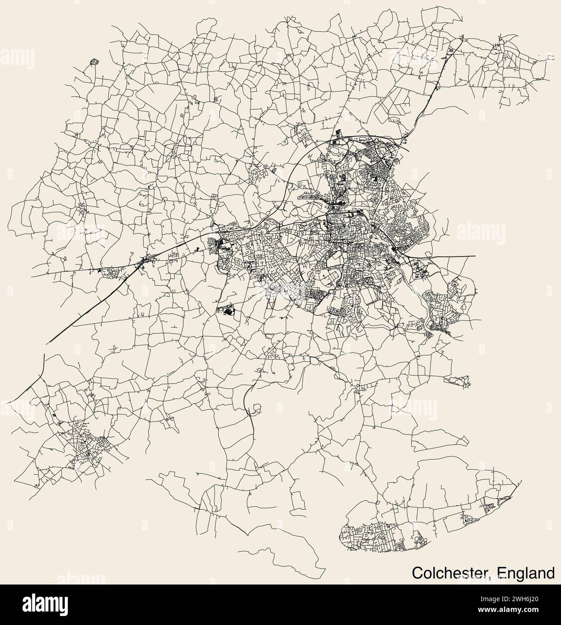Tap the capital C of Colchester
[417, 573]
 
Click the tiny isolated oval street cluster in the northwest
[94, 62]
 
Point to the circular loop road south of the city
[256, 409]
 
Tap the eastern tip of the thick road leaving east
[475, 256]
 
